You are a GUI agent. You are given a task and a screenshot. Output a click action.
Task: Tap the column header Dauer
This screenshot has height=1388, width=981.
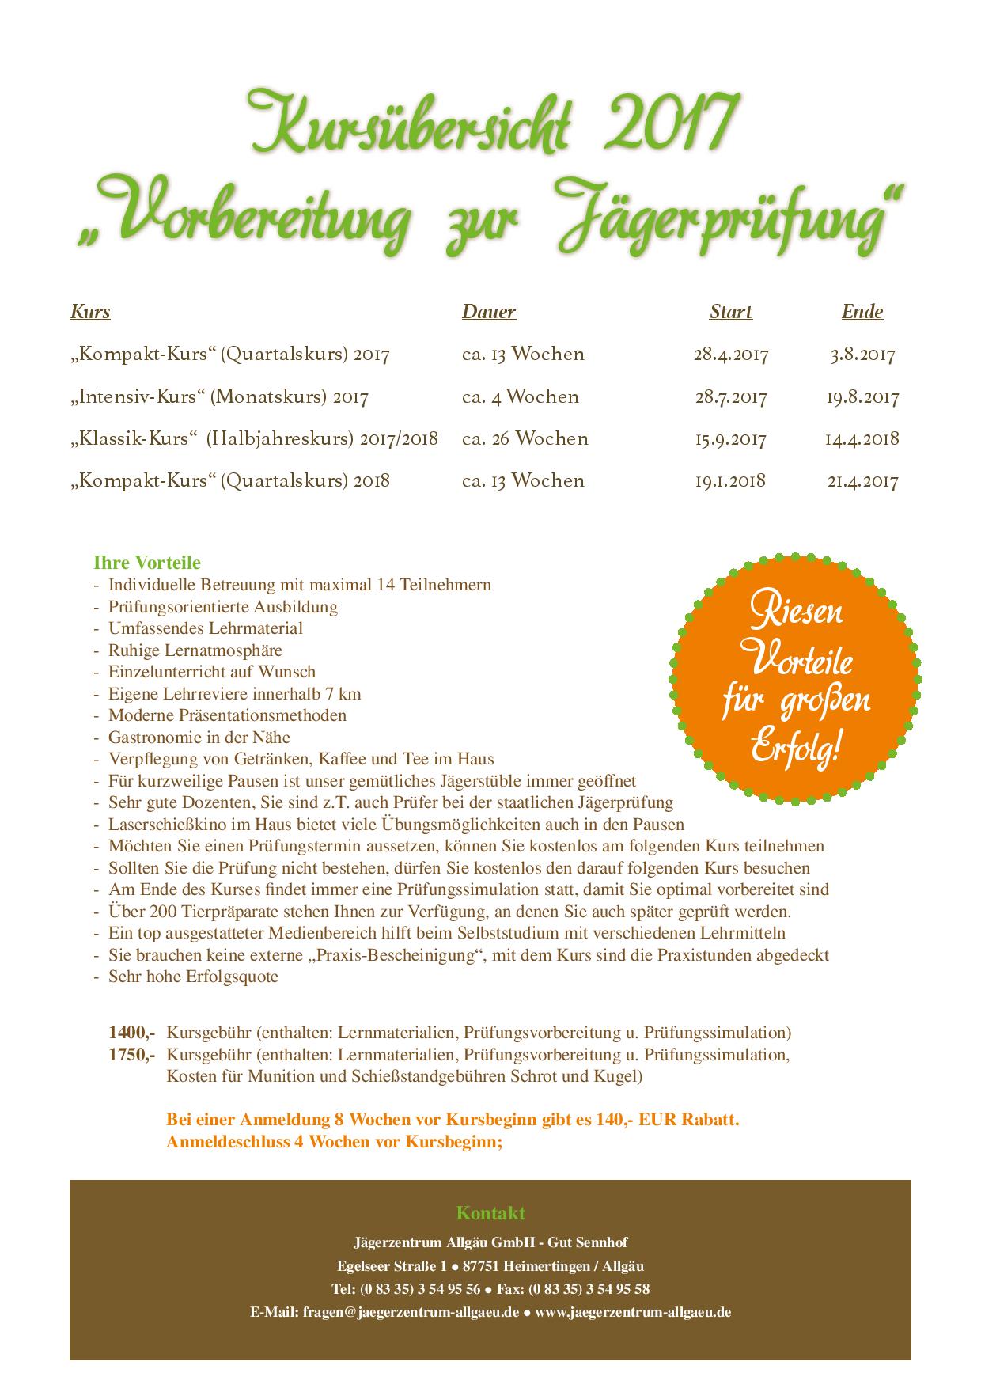489,312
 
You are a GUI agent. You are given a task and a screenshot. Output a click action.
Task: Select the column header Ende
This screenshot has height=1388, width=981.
862,312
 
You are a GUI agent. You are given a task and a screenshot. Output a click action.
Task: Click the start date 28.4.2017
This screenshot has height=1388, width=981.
731,354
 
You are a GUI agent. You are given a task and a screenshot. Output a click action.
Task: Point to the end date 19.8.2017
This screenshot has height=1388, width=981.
862,396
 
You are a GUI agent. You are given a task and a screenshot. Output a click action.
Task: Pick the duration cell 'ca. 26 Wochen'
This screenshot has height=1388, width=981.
525,438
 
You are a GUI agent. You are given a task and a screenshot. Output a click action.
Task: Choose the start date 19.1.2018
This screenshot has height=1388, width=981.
730,480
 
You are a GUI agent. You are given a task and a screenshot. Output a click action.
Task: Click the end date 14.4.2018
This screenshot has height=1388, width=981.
862,438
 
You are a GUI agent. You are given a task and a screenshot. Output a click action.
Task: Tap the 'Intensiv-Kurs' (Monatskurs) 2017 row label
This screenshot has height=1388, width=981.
219,396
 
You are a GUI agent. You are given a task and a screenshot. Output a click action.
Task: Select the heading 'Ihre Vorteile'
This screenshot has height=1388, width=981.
147,563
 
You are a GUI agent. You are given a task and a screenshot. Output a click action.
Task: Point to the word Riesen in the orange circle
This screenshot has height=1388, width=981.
795,611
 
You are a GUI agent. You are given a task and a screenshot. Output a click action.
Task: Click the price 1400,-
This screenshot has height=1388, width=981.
131,1033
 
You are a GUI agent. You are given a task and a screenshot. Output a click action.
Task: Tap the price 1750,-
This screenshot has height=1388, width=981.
131,1055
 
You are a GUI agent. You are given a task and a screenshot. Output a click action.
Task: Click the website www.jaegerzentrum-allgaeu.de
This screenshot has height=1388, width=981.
633,1311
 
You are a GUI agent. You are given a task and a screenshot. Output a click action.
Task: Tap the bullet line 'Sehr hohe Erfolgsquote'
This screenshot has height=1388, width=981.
193,977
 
